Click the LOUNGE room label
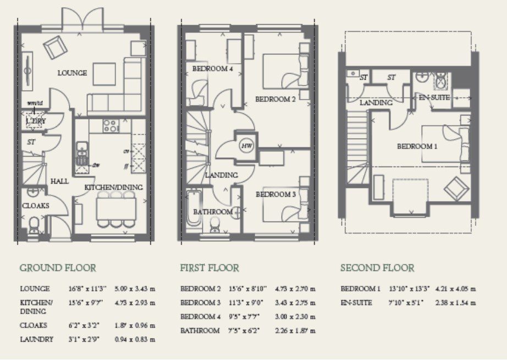coord(71,73)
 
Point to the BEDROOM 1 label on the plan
coord(417,147)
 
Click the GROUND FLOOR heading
coord(58,268)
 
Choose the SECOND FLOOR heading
coord(377,268)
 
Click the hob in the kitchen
coord(111,126)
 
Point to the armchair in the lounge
coord(56,47)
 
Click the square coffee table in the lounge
coord(104,74)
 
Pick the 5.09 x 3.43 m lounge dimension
coord(135,289)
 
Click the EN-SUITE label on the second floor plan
coord(434,98)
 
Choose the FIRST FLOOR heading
coord(210,268)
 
